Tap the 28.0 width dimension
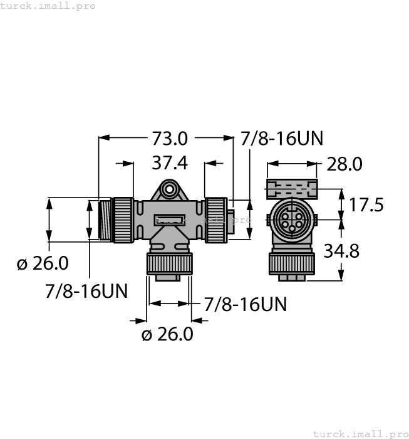coord(344,164)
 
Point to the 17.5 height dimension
coord(366,204)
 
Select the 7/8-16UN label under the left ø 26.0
coord(86,290)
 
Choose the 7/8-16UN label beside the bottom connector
coord(246,304)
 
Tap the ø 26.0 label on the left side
coord(43,263)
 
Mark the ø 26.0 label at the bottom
coord(167,334)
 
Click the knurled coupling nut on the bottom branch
coord(168,263)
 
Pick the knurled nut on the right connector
coord(215,219)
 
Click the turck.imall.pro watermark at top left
coord(48,6)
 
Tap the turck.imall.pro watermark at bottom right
coord(360,433)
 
